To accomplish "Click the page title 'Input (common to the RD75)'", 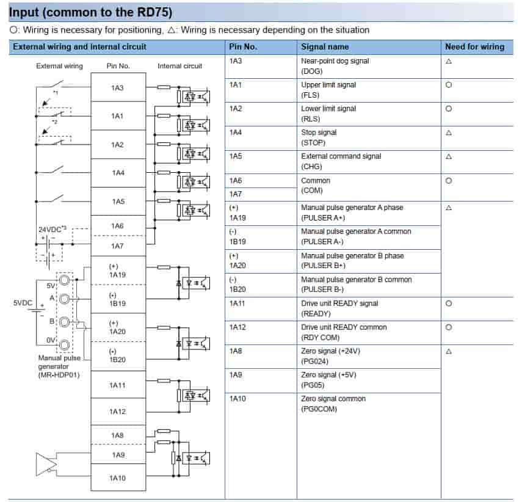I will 90,12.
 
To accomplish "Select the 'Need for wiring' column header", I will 474,46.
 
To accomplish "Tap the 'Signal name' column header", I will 325,46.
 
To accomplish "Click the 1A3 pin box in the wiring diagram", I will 118,88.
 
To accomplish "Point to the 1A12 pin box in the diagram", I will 118,412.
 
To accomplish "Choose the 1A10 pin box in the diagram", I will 118,478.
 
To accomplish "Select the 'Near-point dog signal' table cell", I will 335,66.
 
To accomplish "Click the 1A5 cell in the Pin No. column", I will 236,156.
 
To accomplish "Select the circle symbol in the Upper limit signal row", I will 449,85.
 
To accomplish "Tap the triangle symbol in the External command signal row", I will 449,156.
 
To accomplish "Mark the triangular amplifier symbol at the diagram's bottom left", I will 45,464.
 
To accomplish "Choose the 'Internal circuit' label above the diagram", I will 179,66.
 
